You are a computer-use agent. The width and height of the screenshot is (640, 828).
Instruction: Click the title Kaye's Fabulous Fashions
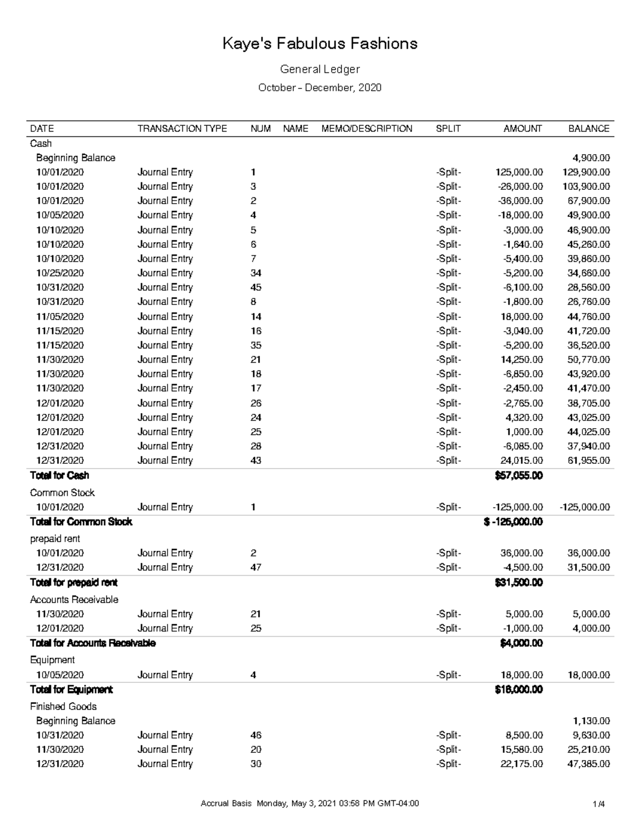(x=319, y=44)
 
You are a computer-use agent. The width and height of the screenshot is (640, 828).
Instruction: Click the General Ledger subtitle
(x=319, y=69)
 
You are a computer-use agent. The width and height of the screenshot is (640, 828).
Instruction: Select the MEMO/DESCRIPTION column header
(x=366, y=128)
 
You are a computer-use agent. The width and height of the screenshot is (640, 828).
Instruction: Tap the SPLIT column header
(x=448, y=128)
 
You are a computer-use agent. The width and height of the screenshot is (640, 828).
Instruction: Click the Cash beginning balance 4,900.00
(x=591, y=158)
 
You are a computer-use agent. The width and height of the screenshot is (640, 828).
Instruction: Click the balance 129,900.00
(x=586, y=172)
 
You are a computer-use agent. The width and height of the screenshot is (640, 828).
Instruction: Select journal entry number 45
(x=256, y=287)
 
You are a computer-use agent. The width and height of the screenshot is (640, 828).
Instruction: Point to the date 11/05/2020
(x=60, y=317)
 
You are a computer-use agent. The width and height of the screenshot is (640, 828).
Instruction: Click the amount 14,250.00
(x=522, y=360)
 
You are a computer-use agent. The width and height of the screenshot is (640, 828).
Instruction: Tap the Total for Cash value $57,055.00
(x=518, y=476)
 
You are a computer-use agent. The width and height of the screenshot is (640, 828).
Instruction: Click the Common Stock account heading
(x=62, y=493)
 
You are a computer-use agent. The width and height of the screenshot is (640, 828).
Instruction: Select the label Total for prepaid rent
(x=74, y=582)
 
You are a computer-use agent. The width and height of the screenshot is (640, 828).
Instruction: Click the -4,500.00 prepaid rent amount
(x=522, y=568)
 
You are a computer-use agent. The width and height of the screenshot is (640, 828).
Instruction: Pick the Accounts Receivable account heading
(x=74, y=600)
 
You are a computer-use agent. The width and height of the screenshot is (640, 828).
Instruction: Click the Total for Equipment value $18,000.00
(x=518, y=690)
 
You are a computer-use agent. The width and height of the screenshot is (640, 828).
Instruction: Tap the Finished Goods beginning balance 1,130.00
(x=591, y=721)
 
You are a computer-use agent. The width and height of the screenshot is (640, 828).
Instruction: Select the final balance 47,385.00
(x=589, y=764)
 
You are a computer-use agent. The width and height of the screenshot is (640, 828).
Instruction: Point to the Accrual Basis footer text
(x=225, y=803)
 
